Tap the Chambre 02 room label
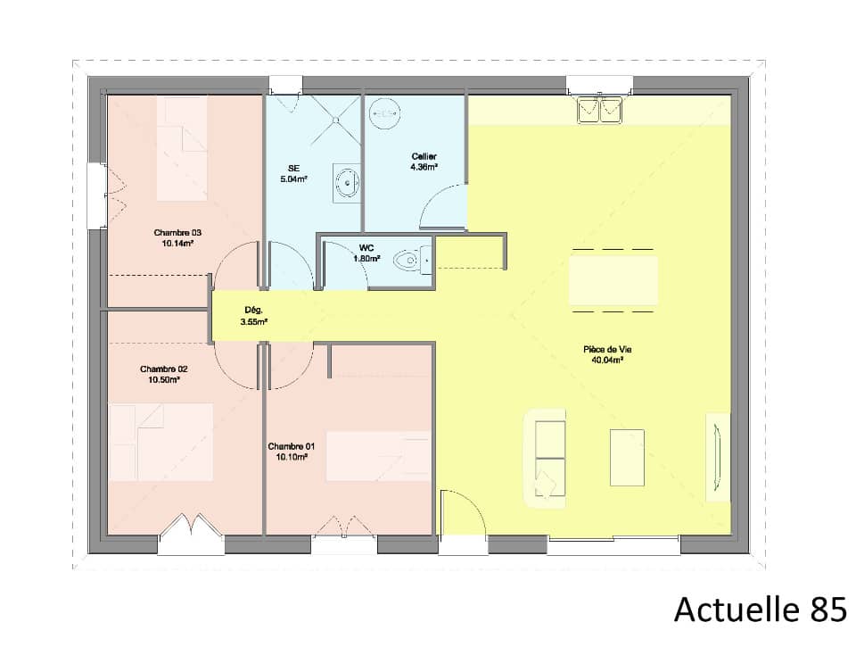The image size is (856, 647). tap(163, 369)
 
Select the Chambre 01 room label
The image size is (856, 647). tap(291, 446)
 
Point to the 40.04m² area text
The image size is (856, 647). tap(606, 361)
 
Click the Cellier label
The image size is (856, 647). tap(424, 156)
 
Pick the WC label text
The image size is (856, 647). tap(366, 247)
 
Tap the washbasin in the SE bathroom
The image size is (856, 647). tap(347, 184)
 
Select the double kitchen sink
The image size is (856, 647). tap(599, 110)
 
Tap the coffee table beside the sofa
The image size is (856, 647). tap(627, 458)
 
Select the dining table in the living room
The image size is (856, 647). tap(613, 281)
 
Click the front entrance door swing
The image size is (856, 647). tap(461, 513)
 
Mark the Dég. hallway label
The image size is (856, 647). tap(253, 311)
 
